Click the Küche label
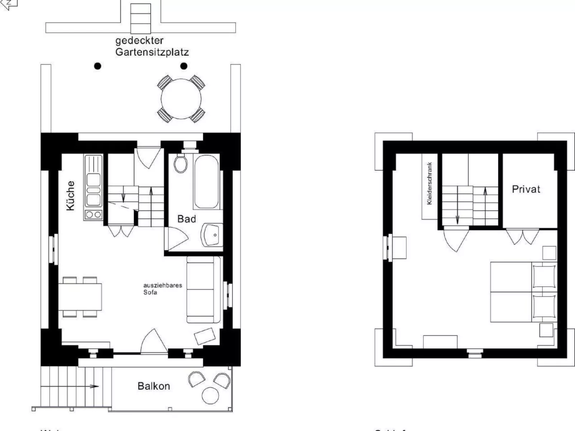pyautogui.click(x=71, y=195)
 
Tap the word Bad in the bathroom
pyautogui.click(x=187, y=219)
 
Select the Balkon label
pyautogui.click(x=154, y=386)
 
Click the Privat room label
pyautogui.click(x=526, y=189)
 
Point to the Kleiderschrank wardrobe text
pyautogui.click(x=430, y=183)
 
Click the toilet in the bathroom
pyautogui.click(x=181, y=164)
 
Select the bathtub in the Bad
pyautogui.click(x=206, y=182)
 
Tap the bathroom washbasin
pyautogui.click(x=212, y=235)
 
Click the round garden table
pyautogui.click(x=181, y=98)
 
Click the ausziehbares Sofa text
pyautogui.click(x=162, y=289)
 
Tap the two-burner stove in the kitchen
pyautogui.click(x=93, y=215)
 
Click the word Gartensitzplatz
pyautogui.click(x=152, y=52)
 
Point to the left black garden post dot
pyautogui.click(x=97, y=66)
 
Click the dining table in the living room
pyautogui.click(x=80, y=297)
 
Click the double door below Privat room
pyautogui.click(x=523, y=236)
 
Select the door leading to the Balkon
pyautogui.click(x=154, y=343)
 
